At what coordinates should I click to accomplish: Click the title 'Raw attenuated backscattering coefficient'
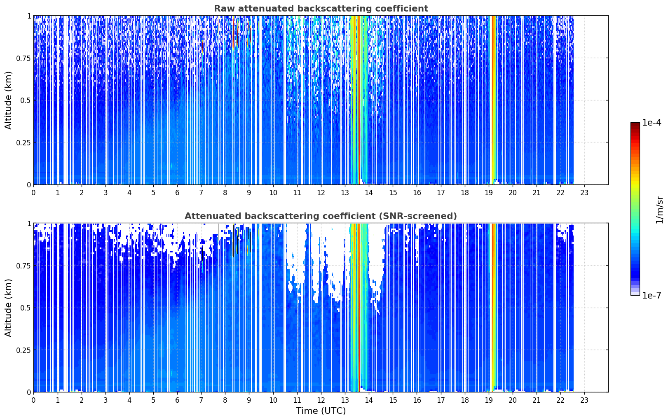(x=321, y=9)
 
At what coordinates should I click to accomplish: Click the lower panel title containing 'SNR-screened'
(x=321, y=216)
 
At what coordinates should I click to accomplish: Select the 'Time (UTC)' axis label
(x=321, y=411)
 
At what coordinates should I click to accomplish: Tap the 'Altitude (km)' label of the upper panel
(x=8, y=100)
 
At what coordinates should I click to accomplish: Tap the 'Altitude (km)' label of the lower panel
(x=8, y=308)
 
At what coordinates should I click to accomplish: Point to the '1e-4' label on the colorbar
(x=652, y=122)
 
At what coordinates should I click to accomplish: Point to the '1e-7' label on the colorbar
(x=652, y=296)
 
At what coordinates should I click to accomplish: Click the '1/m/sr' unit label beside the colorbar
(x=659, y=210)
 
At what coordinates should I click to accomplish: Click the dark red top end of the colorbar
(x=635, y=124)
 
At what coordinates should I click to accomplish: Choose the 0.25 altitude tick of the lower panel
(x=23, y=350)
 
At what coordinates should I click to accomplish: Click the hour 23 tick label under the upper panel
(x=584, y=193)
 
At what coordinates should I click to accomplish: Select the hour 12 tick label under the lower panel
(x=321, y=400)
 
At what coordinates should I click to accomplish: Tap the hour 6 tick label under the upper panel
(x=177, y=193)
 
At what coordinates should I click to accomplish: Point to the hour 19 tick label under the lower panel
(x=488, y=400)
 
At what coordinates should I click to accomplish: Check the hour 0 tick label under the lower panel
(x=33, y=400)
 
